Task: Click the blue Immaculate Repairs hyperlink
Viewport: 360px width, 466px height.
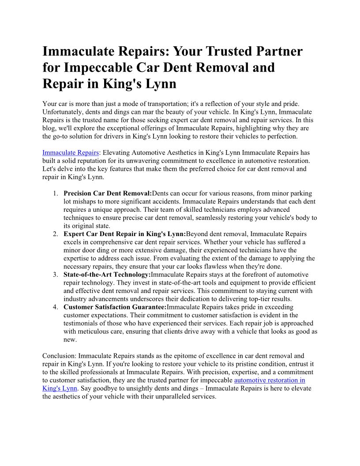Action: coord(71,153)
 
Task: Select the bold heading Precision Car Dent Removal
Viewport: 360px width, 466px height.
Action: coord(108,193)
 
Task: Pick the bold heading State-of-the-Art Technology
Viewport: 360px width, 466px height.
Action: coord(107,274)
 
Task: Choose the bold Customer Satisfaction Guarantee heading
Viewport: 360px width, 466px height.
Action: coord(115,307)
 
